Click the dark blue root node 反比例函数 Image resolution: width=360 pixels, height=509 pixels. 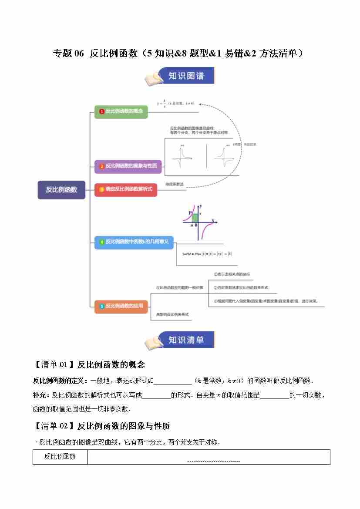(61, 190)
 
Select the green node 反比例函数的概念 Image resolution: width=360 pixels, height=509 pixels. (121, 111)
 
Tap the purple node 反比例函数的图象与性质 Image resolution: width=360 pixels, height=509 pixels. (128, 166)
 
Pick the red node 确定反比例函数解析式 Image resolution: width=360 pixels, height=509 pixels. (125, 189)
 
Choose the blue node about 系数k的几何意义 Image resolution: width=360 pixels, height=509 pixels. (134, 242)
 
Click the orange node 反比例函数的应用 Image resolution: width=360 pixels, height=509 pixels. (121, 306)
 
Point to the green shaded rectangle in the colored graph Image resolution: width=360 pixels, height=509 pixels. (195, 218)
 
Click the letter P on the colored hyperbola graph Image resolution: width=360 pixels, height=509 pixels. (190, 212)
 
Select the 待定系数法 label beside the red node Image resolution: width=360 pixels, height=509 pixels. (175, 185)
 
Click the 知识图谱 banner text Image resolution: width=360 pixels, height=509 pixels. (186, 76)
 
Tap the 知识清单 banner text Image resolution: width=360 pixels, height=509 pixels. (186, 340)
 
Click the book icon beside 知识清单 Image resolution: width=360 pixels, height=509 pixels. (154, 342)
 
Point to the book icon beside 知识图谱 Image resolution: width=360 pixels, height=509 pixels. (154, 79)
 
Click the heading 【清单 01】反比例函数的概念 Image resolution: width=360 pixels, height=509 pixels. (89, 364)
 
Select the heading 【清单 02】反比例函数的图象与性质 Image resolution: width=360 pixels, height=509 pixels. (101, 426)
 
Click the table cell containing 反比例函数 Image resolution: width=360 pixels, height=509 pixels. (60, 457)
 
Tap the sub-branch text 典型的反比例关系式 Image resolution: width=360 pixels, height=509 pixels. (172, 314)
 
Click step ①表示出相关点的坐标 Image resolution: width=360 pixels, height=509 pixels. (232, 274)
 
